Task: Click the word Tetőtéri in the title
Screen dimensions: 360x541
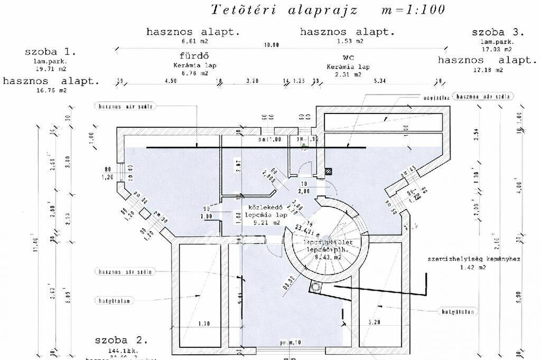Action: [240, 10]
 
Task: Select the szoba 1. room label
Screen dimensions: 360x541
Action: [50, 52]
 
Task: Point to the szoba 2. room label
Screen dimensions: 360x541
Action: [122, 339]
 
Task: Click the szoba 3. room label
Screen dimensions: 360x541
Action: [498, 32]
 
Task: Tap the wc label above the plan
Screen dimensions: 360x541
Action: [348, 57]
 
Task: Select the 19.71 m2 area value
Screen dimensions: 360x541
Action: [51, 69]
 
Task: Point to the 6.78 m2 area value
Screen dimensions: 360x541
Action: [195, 74]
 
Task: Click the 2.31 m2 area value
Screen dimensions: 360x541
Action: [348, 74]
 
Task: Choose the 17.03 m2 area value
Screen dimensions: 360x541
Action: [491, 51]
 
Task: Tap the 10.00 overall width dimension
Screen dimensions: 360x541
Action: [271, 45]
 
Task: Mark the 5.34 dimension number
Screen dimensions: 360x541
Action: [380, 81]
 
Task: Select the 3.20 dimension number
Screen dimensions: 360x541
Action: [252, 81]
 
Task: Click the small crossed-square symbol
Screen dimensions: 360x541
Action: [329, 171]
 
